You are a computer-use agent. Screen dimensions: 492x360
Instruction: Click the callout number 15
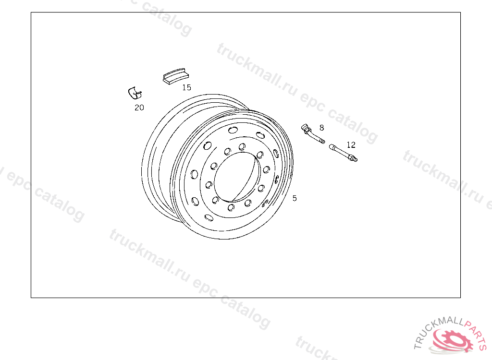[187, 87]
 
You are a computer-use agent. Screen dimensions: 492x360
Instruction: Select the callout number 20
[139, 108]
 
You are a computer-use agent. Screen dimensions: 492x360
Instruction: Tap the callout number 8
[321, 128]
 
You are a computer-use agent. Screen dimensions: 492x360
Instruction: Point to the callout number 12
[351, 144]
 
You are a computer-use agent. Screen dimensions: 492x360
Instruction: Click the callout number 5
[295, 198]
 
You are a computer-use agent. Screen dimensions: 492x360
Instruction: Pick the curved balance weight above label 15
[175, 76]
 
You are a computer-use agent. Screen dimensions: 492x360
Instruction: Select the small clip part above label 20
[135, 93]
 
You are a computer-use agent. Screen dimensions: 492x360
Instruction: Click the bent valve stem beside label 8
[312, 134]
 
